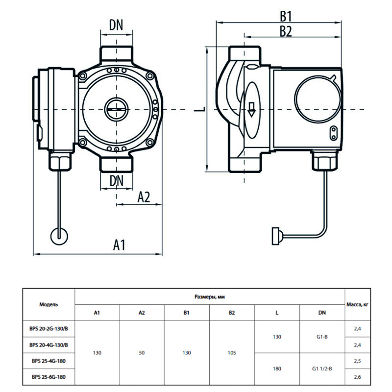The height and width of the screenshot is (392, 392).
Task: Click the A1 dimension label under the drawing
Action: pos(120,245)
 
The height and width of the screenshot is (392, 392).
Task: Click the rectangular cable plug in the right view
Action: pos(276,235)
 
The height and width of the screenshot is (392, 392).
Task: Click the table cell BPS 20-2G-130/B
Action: pos(49,329)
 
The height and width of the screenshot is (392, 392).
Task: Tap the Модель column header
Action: pos(49,304)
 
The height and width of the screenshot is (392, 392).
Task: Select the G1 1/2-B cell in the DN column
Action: pos(321,368)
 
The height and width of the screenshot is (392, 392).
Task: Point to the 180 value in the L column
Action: pos(277,368)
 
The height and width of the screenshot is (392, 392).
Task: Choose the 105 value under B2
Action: pos(232,353)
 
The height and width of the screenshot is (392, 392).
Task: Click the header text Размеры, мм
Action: pos(210,296)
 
